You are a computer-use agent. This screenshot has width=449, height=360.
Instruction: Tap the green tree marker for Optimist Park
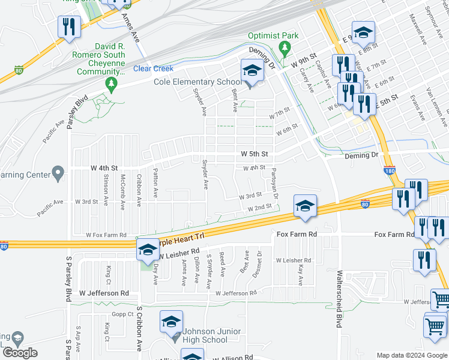pyautogui.click(x=285, y=47)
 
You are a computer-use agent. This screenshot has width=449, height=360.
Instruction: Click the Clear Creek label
pyautogui.click(x=153, y=69)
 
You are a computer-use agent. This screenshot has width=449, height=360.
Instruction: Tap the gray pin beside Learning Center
pyautogui.click(x=58, y=174)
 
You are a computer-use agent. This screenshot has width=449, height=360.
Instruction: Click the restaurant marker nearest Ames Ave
pyautogui.click(x=68, y=26)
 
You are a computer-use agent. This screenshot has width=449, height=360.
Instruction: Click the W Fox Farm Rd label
pyautogui.click(x=106, y=235)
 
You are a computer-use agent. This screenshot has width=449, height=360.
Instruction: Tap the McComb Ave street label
pyautogui.click(x=122, y=191)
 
